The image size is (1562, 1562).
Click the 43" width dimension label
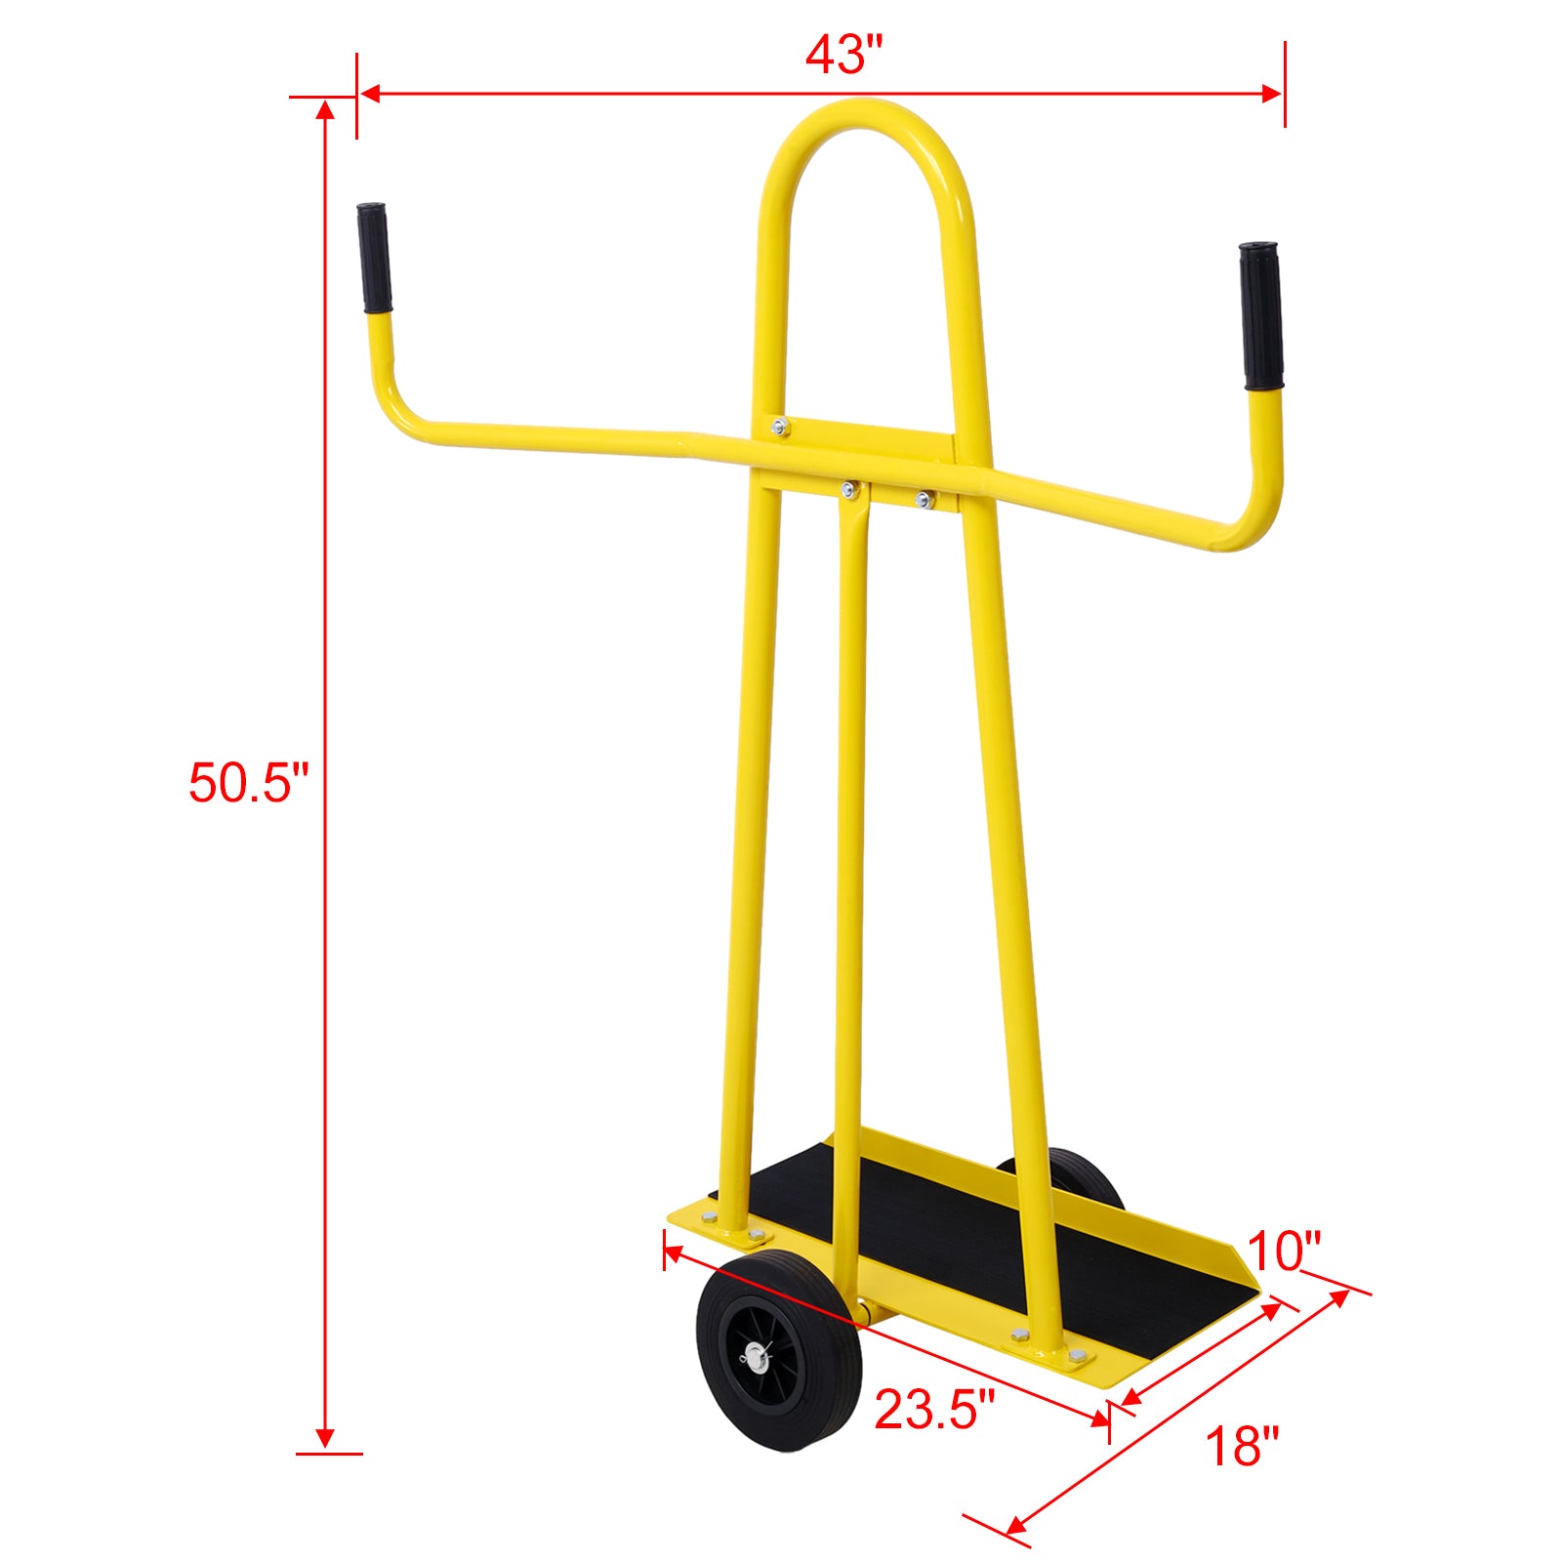pyautogui.click(x=843, y=55)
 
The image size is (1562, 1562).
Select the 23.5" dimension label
pyautogui.click(x=933, y=1409)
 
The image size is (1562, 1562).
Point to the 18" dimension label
pyautogui.click(x=1242, y=1446)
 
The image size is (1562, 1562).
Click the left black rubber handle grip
pyautogui.click(x=374, y=258)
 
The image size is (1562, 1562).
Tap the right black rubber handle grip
pyautogui.click(x=1261, y=315)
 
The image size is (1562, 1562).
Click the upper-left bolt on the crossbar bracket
pyautogui.click(x=779, y=426)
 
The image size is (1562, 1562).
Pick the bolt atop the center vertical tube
pyautogui.click(x=849, y=490)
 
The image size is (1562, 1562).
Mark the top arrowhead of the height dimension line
pyautogui.click(x=325, y=107)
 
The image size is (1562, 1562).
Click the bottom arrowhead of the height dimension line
pyautogui.click(x=325, y=1439)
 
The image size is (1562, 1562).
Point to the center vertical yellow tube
pyautogui.click(x=849, y=830)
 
